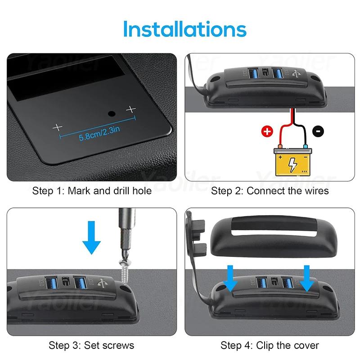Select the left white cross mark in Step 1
click(57, 127)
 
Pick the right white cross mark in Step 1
click(131, 109)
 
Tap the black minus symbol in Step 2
click(318, 132)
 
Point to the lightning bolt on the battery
click(292, 165)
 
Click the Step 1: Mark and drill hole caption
click(92, 191)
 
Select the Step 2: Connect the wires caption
click(270, 191)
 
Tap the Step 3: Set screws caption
click(92, 346)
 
